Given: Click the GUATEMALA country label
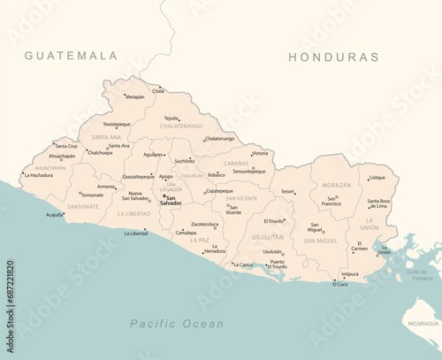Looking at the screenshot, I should [71, 56].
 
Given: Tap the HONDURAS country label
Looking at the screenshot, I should [333, 57].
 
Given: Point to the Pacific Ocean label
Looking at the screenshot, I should [177, 324].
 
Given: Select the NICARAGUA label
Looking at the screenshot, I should [421, 324].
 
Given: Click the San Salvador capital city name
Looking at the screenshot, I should [171, 201].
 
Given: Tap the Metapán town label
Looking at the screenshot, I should [134, 96].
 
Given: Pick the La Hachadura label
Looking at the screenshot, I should [39, 175].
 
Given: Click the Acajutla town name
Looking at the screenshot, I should [55, 215].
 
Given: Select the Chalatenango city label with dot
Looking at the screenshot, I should [219, 138].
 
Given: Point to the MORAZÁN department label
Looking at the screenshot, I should [336, 185].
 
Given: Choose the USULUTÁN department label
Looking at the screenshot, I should [268, 237].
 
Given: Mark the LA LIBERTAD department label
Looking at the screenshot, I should [135, 213].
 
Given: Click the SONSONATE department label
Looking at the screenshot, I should [83, 206].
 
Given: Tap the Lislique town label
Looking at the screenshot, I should [377, 177].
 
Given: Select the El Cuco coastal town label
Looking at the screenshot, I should [340, 284].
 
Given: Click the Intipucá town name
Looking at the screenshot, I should [350, 274].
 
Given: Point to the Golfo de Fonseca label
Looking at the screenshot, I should [423, 275].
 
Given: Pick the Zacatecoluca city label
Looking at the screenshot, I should [204, 224].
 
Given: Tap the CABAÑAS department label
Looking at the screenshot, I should [236, 164].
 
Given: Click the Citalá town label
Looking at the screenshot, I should [158, 90].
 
